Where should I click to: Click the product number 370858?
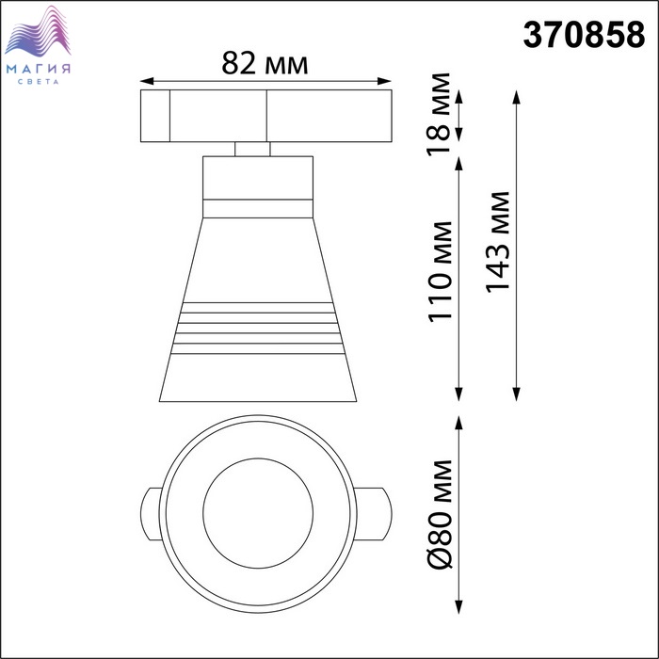point(584,35)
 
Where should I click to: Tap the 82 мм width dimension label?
point(265,63)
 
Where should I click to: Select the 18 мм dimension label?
point(439,115)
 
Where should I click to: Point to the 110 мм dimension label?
point(440,272)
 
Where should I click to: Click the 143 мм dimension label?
point(497,242)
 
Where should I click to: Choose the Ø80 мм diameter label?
point(440,514)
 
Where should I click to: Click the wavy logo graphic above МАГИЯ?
point(38,32)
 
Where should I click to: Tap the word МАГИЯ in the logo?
point(39,69)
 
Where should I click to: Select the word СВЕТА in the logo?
point(39,82)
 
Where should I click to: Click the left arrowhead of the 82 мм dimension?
point(146,81)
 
